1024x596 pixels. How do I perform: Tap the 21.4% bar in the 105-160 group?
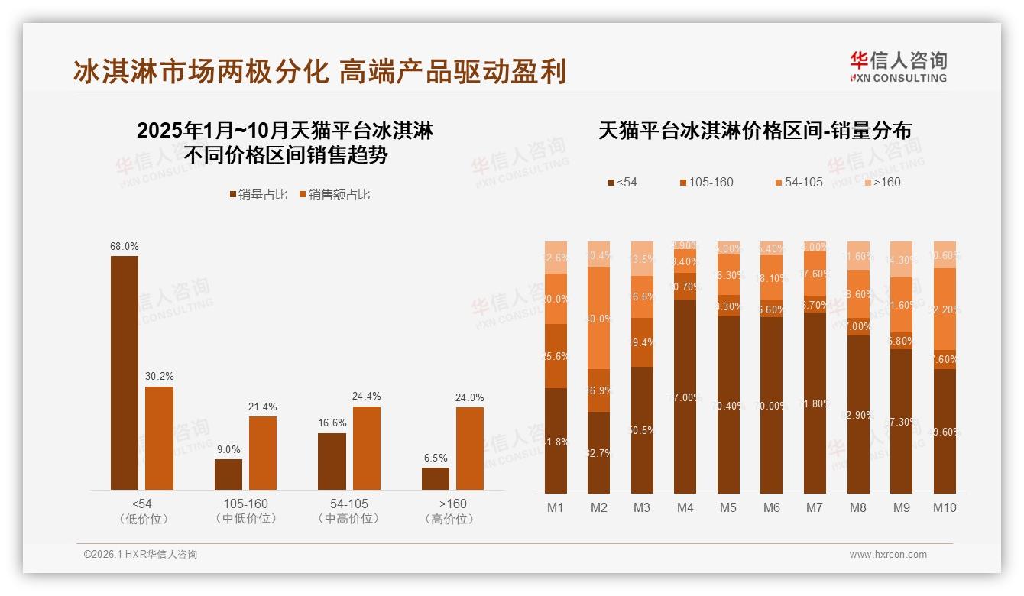point(263,453)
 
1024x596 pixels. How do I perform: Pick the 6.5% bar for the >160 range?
point(436,478)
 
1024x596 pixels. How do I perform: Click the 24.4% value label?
point(367,397)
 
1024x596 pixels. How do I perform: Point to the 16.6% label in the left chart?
point(332,423)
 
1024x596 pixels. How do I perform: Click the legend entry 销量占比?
point(258,195)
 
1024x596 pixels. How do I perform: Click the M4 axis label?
point(685,507)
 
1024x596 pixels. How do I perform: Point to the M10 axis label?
point(945,507)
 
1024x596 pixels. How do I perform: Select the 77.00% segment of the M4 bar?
point(685,397)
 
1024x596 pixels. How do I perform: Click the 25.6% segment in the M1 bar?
point(556,356)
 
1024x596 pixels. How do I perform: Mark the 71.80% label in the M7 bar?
point(815,403)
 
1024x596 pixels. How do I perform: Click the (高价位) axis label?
point(453,519)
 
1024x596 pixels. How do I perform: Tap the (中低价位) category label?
point(245,519)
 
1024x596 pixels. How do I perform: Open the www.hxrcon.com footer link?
point(888,555)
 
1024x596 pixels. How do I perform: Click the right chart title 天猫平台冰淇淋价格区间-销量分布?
point(754,131)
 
